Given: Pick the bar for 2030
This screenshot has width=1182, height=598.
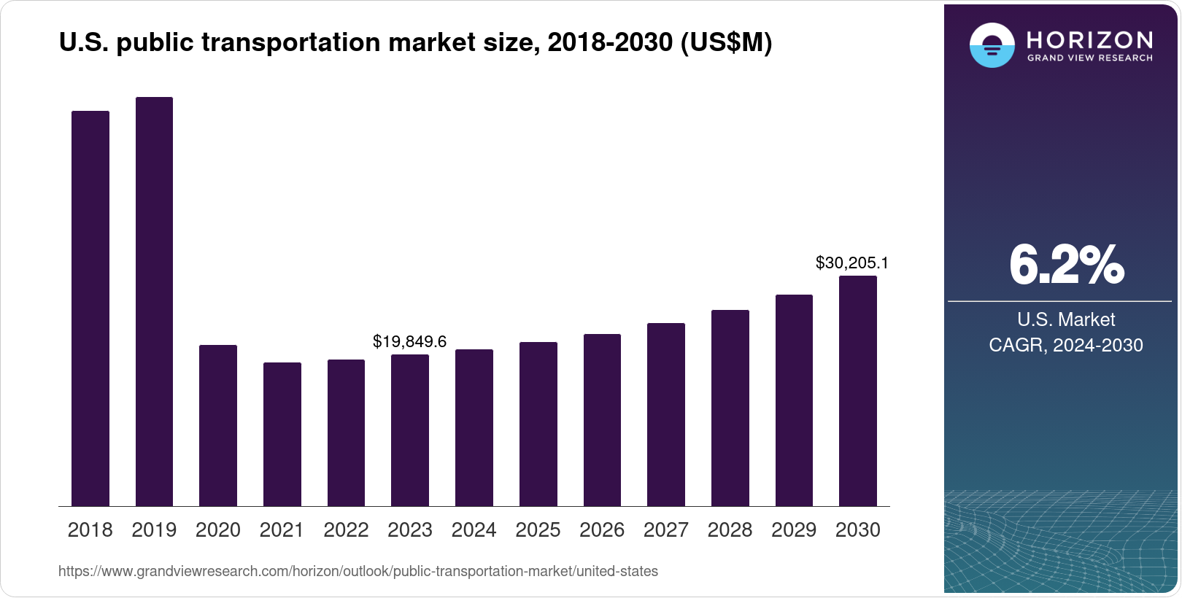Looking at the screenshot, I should coord(858,391).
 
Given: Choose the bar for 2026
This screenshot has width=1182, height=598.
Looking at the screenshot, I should coord(602,420).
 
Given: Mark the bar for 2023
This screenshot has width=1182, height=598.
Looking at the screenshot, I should coord(410,430).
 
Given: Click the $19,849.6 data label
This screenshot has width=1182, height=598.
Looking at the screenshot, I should coord(409,341).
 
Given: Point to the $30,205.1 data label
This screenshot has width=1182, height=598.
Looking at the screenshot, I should coord(851,263).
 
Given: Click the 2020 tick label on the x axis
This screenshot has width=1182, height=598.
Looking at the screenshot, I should coord(218,530).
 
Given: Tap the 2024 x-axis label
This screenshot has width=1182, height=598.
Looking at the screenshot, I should coord(474,530).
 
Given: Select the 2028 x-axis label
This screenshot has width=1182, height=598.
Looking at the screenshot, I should coord(730,530).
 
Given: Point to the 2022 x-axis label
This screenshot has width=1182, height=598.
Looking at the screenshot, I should coord(346,530).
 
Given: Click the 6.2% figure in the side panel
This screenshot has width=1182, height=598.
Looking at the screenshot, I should coord(1066,265).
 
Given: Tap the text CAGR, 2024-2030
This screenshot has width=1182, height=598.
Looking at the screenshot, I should coord(1065,345).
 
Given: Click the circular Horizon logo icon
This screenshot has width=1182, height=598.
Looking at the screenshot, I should coord(992,45).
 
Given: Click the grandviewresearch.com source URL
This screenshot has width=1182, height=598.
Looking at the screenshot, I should coord(358,572).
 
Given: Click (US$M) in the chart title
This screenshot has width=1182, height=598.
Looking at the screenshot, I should coord(726,42).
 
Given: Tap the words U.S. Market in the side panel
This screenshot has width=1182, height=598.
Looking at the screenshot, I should coord(1066,319).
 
